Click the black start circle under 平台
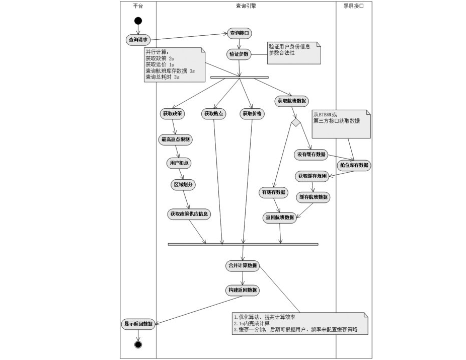coord(138,21)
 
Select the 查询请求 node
coord(138,39)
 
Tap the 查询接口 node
coord(240,33)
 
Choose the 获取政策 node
coord(173,114)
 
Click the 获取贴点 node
coord(214,114)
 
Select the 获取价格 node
coord(252,114)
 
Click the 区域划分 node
coord(184,185)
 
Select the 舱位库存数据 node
coord(353,165)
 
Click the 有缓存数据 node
coord(273,192)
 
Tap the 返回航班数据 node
coord(280,218)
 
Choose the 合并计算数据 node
coord(242,266)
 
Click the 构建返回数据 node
coord(242,290)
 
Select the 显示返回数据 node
coord(138,323)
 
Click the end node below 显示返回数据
coord(138,344)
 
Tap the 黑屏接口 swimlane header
coord(353,6)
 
